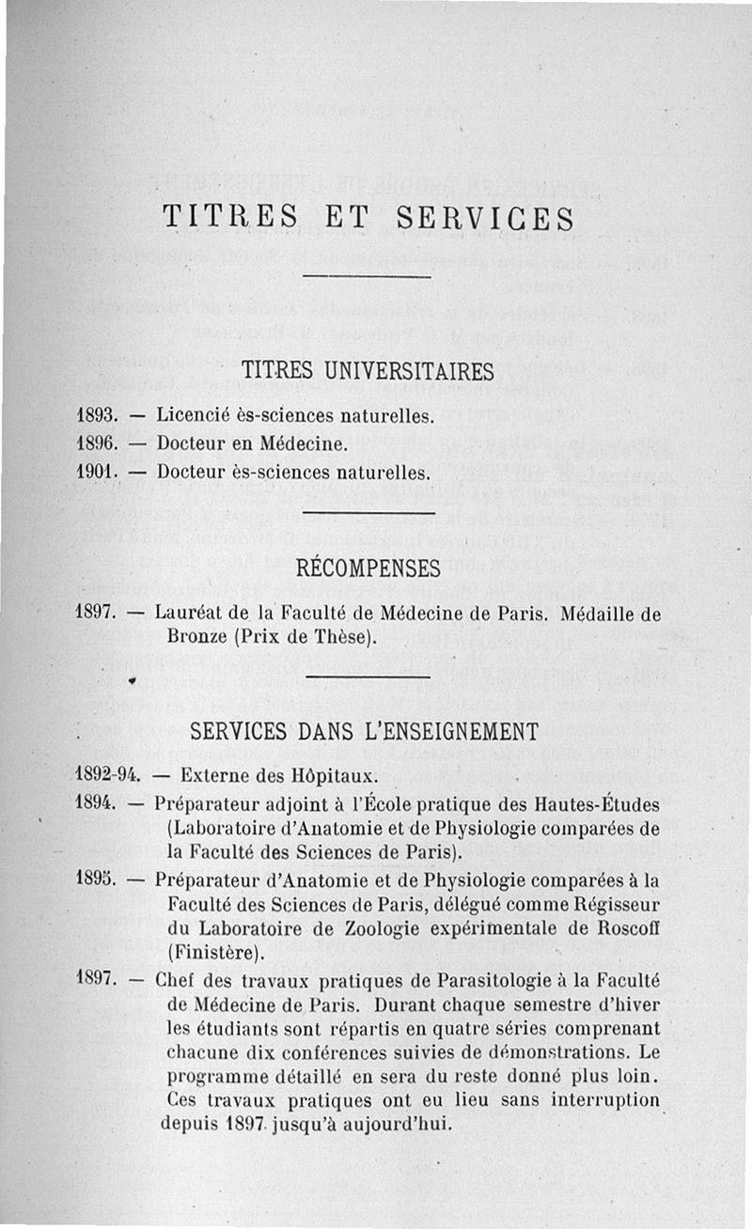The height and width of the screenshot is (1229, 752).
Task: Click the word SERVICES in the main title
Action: coord(485,218)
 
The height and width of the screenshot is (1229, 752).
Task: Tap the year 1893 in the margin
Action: coord(95,413)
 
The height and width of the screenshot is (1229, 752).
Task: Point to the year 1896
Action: coord(95,442)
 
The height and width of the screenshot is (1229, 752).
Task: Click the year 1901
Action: coord(95,471)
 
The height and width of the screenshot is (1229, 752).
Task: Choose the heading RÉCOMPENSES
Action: coord(368,568)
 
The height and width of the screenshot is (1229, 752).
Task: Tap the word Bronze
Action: coord(196,637)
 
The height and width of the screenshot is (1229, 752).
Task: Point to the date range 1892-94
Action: coord(107,776)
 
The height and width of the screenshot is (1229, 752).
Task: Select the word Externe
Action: coord(211,776)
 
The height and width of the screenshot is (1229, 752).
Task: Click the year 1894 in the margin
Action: coord(95,803)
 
